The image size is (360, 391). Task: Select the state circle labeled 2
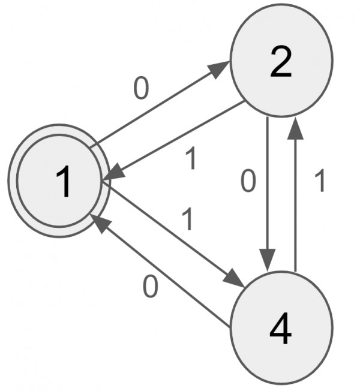281,60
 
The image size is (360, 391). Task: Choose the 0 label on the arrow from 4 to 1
151,287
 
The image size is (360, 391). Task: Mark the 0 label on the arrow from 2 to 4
248,182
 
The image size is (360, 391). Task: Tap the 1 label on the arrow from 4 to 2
320,182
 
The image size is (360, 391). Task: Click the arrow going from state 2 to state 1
174,140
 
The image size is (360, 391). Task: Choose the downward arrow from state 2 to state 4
266,192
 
